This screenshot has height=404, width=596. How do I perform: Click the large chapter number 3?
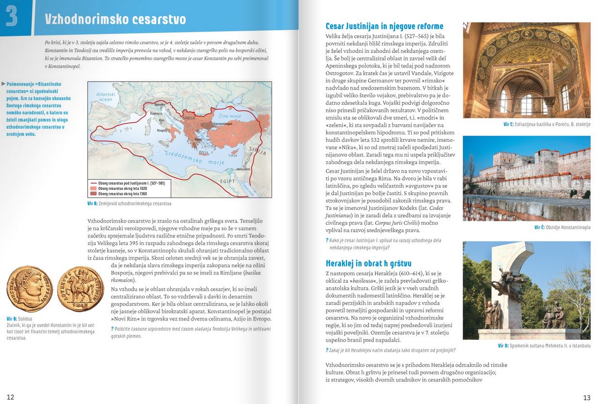point(12,16)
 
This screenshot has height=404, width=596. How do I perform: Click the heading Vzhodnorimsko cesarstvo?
point(115,19)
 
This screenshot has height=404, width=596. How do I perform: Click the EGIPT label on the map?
point(227,181)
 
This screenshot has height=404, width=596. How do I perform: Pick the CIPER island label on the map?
point(233,155)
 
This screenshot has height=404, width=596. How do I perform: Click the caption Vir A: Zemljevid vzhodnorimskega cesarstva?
point(129,203)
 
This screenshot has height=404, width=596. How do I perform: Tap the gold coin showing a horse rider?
point(80,288)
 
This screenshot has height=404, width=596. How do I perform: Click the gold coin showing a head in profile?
point(30,288)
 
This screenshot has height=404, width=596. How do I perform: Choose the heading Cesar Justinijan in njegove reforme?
point(384,26)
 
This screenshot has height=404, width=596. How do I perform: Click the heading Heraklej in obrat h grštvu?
point(369,263)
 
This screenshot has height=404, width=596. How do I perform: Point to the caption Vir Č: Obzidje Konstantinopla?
point(562,227)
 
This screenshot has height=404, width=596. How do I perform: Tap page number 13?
point(586,397)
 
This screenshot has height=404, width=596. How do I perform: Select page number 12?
point(10,397)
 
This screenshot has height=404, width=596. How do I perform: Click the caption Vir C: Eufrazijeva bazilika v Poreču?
point(547,124)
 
